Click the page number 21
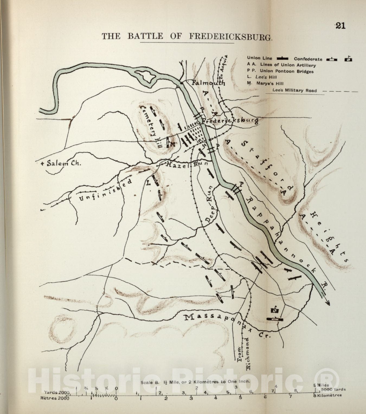point(340,26)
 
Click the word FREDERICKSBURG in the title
point(230,37)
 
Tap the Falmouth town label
point(208,83)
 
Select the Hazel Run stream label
point(187,164)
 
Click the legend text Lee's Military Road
point(294,91)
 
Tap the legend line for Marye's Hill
point(266,84)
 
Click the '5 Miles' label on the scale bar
point(321,385)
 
